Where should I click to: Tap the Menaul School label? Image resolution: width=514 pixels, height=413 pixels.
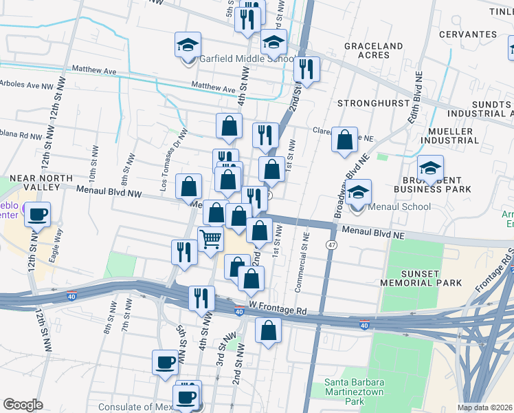(399, 206)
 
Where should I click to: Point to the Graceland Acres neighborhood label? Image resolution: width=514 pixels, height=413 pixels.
(373, 50)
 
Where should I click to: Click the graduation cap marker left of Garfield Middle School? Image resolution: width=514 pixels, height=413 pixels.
(188, 45)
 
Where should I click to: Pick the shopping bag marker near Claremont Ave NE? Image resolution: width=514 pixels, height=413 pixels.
(344, 140)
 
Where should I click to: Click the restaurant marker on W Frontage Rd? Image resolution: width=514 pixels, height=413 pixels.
(201, 298)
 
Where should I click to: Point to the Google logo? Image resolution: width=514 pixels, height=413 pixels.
(23, 405)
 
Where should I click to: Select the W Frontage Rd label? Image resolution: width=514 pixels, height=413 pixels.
(278, 311)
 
